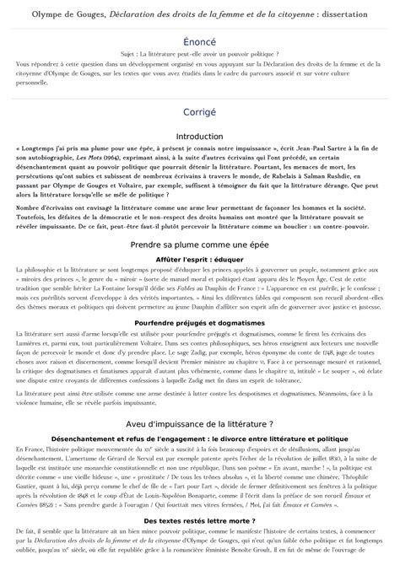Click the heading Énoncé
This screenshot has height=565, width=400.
pos(199,40)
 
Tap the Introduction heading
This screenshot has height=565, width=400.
pos(199,136)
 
